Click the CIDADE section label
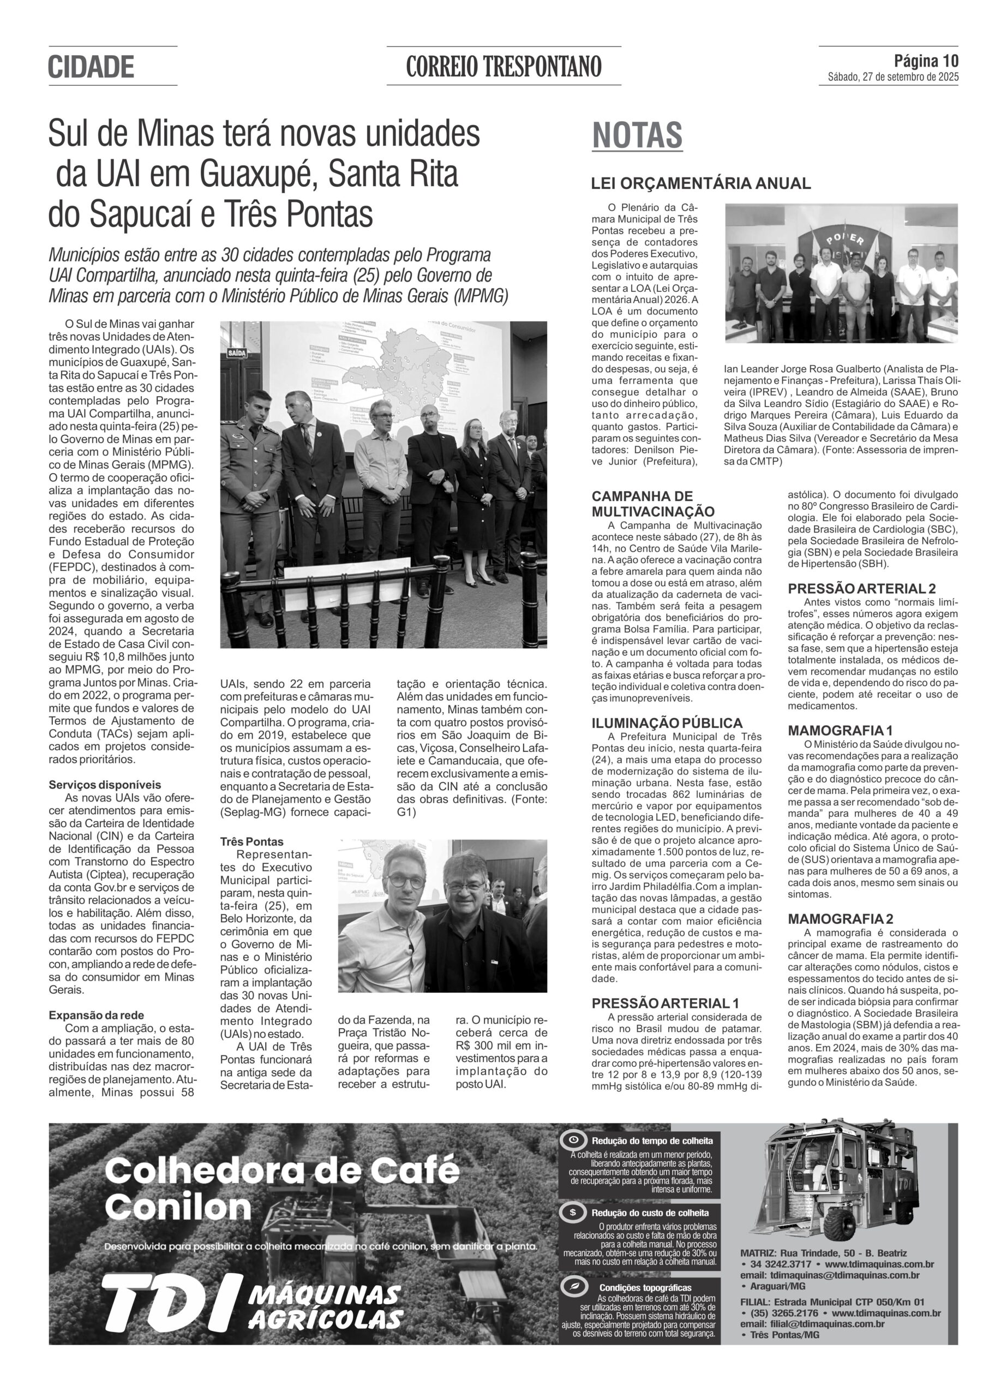tap(91, 67)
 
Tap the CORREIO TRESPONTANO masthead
tap(503, 67)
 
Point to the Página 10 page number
tap(926, 61)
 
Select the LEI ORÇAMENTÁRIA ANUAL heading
tap(701, 183)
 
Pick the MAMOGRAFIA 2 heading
tap(841, 919)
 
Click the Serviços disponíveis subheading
tap(105, 785)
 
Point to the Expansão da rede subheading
tap(96, 1015)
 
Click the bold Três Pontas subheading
tap(252, 841)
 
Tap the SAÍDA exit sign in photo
tap(237, 354)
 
